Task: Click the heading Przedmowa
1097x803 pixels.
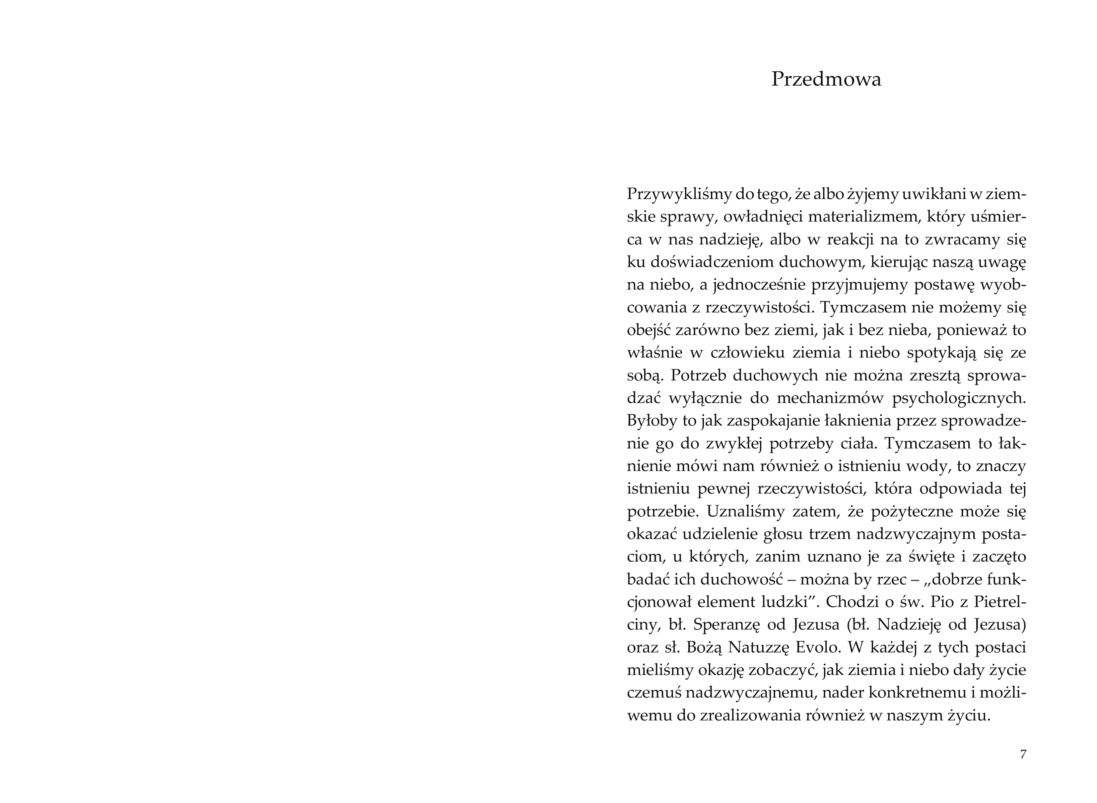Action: [x=826, y=79]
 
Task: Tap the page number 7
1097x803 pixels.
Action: [x=1023, y=754]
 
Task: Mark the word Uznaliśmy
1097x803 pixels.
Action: [x=742, y=511]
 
